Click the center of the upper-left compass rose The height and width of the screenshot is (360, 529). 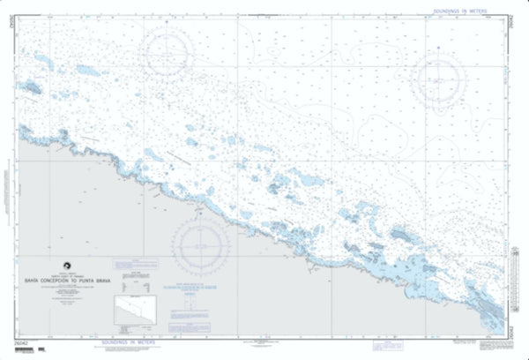170,47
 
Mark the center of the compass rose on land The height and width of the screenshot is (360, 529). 199,244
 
